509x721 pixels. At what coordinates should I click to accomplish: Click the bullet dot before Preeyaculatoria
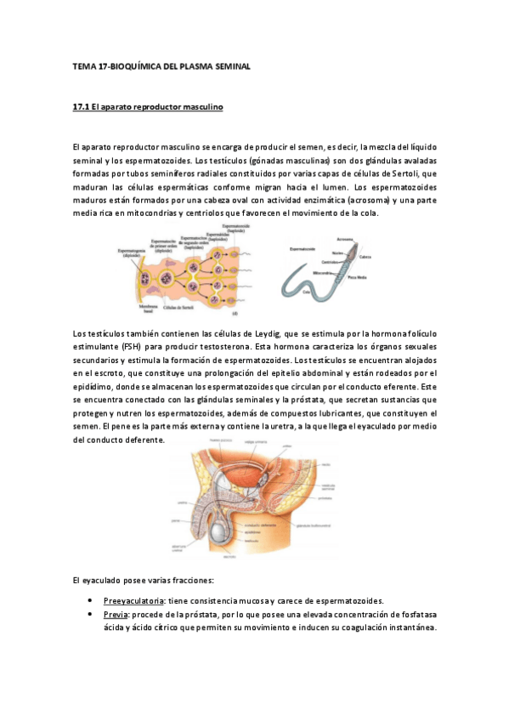90,600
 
